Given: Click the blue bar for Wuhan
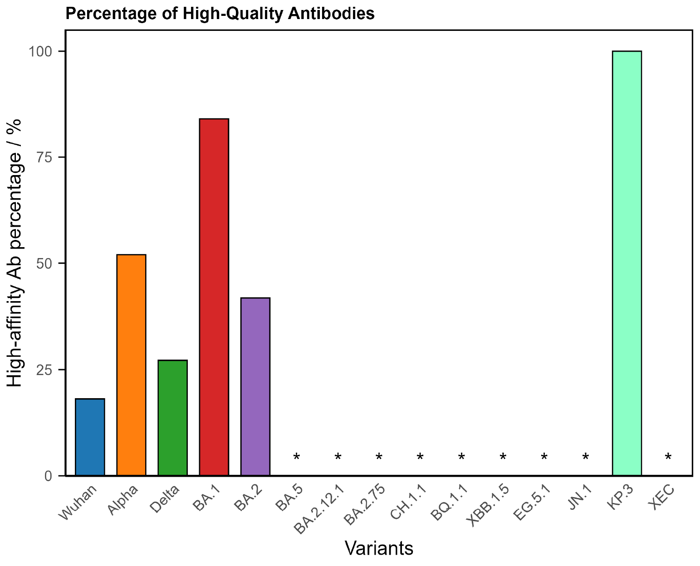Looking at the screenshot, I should [90, 437].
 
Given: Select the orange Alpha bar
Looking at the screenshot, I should [131, 365].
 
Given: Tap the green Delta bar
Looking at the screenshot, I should [172, 417].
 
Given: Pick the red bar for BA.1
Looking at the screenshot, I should [214, 297].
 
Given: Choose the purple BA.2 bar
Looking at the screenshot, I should [255, 386].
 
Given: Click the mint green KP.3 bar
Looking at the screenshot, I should [627, 263].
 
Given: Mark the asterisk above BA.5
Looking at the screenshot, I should [297, 457].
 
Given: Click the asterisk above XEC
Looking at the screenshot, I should [668, 457].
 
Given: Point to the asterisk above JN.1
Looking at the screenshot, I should [585, 457].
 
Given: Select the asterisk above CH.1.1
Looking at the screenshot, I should [420, 457].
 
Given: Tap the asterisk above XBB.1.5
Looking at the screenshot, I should [503, 457].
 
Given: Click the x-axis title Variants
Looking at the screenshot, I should [379, 548].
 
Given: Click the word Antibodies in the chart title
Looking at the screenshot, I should [336, 14].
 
